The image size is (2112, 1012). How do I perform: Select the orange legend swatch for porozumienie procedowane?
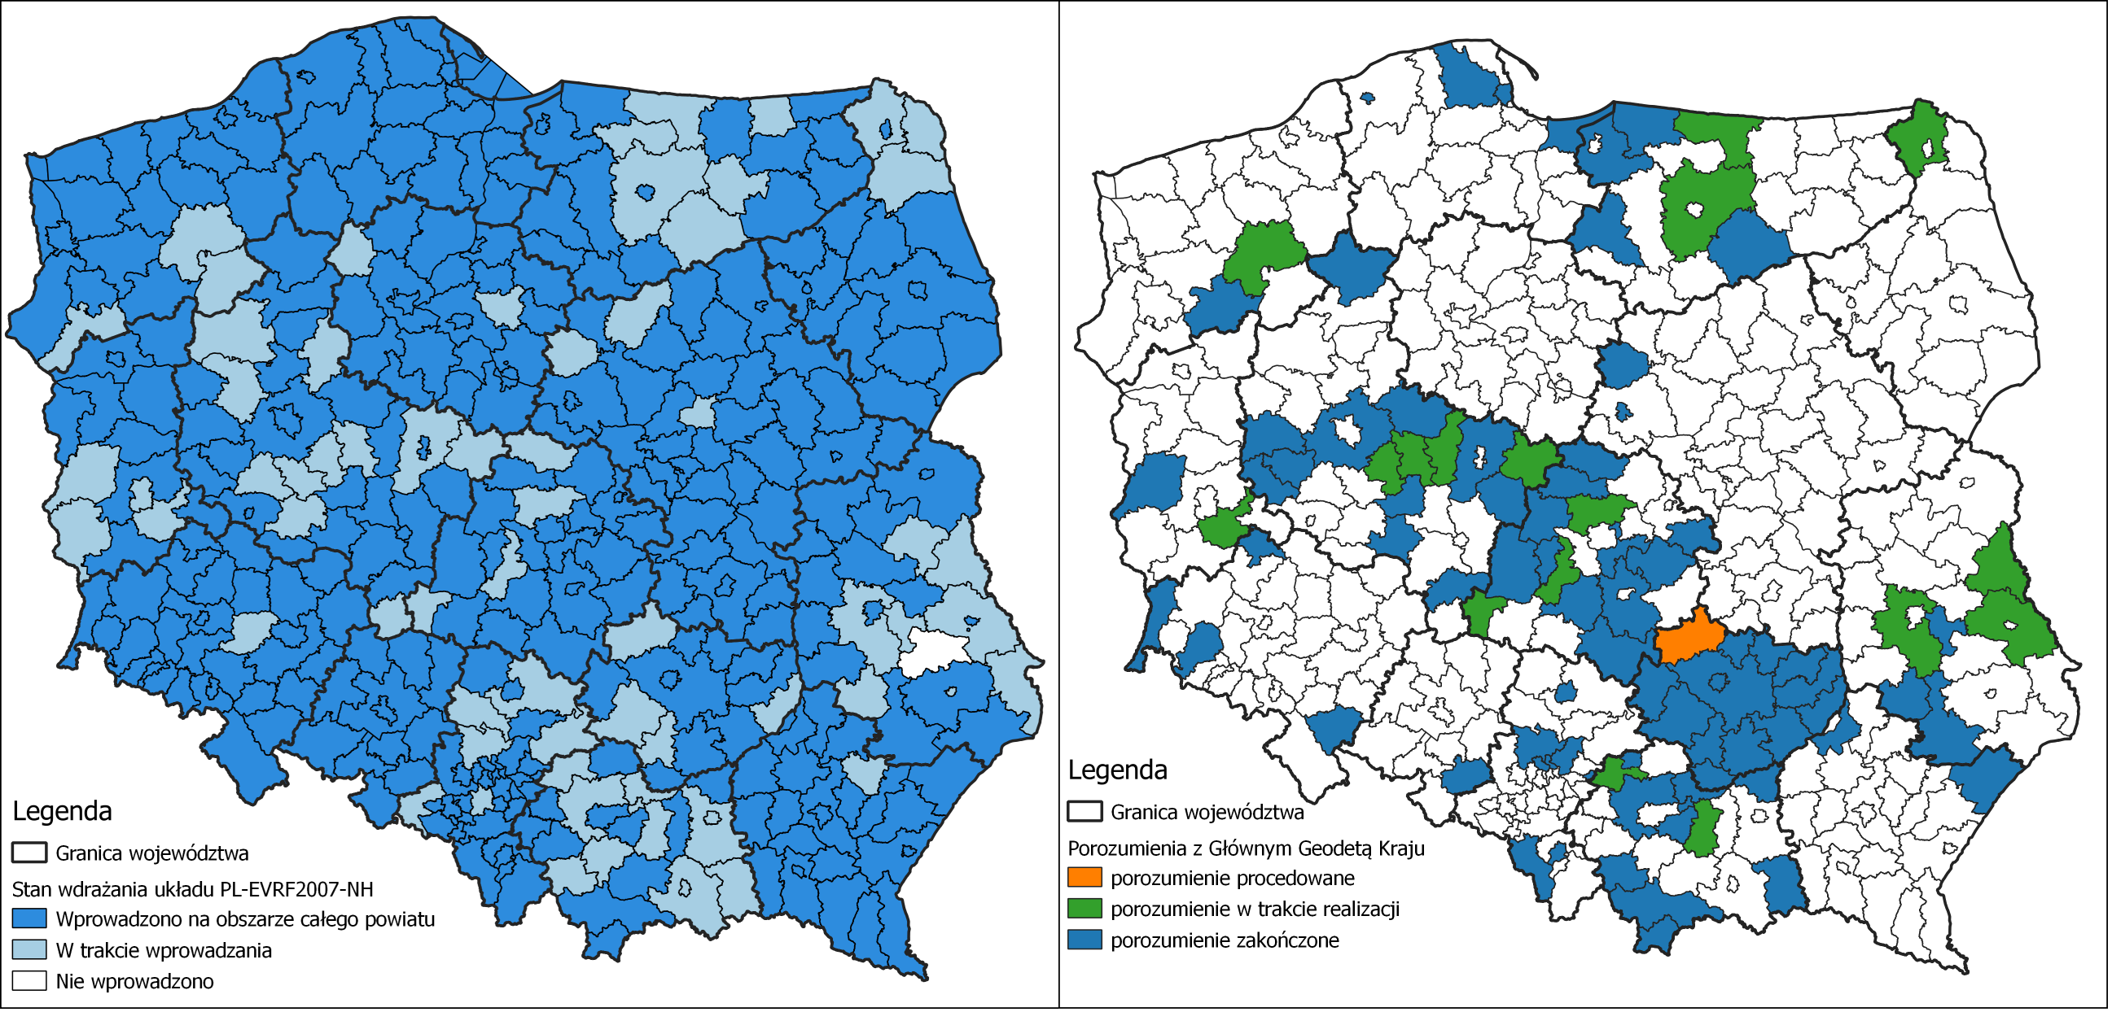[1084, 878]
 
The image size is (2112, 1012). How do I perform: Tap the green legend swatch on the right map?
[1084, 909]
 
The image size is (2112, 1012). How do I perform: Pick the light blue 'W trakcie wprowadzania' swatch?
[28, 949]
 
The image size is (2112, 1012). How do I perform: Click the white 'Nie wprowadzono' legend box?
[28, 981]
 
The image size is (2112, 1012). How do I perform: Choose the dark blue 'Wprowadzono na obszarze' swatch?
[28, 918]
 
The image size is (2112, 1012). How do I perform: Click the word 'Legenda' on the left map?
[62, 810]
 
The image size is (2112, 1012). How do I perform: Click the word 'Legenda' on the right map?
[1117, 770]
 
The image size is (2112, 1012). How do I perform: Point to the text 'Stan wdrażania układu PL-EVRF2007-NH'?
[192, 889]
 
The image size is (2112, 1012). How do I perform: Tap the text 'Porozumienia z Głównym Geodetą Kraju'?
[1246, 848]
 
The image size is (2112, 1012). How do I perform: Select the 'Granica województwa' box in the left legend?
[28, 853]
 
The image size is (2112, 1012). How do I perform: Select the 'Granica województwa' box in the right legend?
[1084, 812]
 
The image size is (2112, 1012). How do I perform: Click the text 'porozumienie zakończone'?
[1224, 940]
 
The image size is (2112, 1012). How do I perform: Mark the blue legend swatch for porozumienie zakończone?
[1084, 940]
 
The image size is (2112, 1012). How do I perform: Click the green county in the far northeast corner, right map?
[1918, 139]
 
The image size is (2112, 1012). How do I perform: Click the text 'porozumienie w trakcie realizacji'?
[1255, 909]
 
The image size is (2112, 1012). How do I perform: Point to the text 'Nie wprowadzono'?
[134, 981]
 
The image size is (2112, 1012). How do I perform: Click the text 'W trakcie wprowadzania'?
[163, 949]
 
